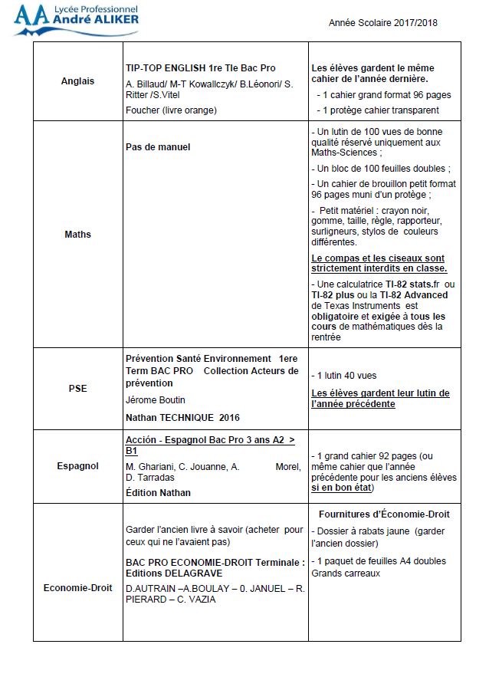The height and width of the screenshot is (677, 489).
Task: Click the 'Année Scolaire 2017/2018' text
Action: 383,23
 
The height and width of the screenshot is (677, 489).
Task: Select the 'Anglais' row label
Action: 77,81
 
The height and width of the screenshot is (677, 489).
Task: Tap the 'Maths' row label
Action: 77,234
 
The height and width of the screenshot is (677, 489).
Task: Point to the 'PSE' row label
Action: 77,388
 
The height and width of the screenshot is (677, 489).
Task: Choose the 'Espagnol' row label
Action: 77,466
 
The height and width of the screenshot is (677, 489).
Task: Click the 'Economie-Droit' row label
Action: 77,587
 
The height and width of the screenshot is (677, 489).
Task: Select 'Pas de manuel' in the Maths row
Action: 158,146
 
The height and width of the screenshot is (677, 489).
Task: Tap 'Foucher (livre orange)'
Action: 171,110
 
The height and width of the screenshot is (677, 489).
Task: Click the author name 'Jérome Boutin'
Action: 156,399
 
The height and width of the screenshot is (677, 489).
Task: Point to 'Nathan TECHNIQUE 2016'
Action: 182,418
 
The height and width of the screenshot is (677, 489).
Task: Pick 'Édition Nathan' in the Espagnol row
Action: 158,492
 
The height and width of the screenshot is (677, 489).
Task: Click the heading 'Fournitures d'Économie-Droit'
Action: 384,514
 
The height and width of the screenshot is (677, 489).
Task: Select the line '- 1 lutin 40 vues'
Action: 344,376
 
